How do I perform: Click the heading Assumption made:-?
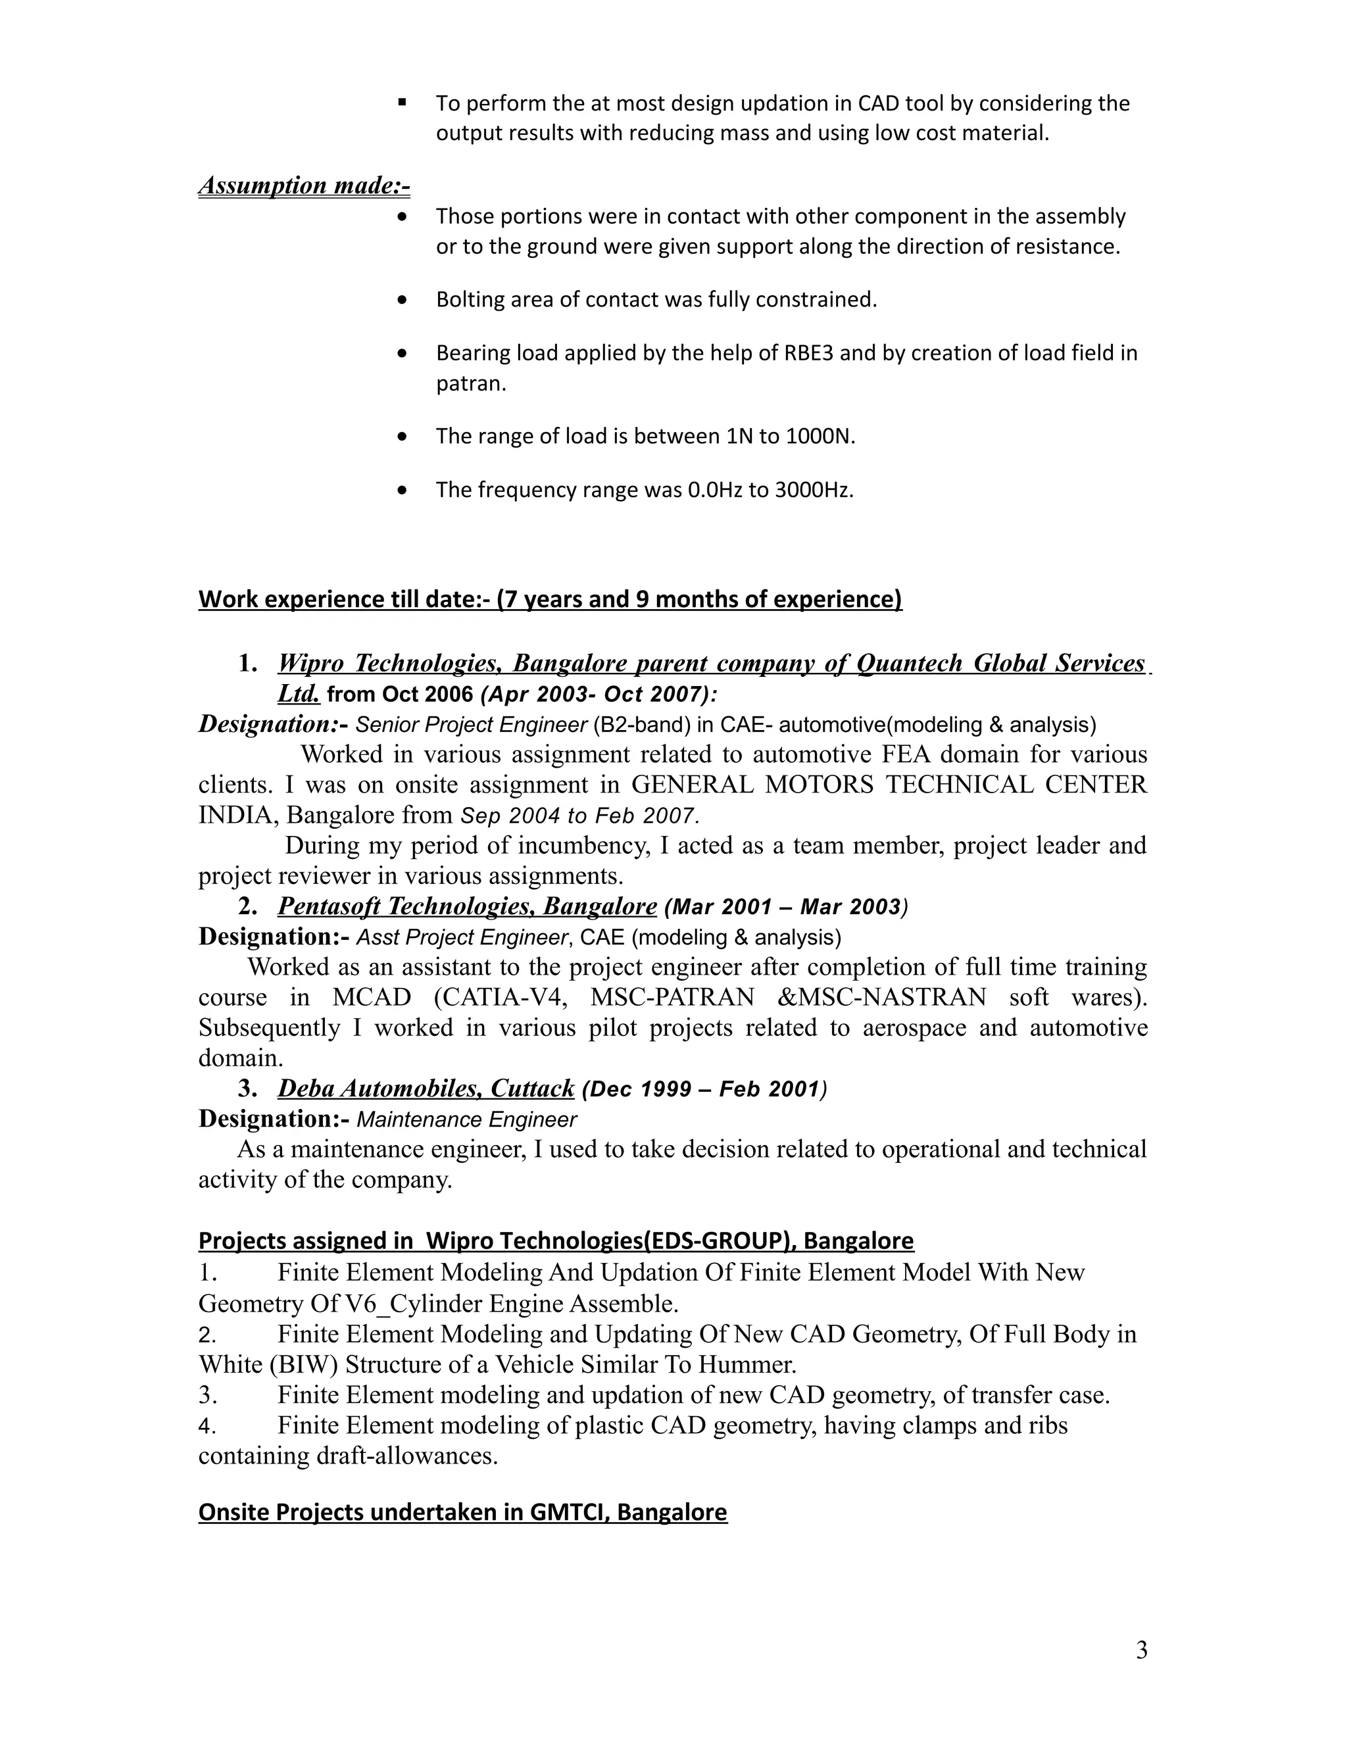[x=303, y=185]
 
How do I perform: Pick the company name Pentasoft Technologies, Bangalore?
[x=467, y=906]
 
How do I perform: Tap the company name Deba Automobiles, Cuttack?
[x=426, y=1089]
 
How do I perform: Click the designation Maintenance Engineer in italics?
[x=466, y=1119]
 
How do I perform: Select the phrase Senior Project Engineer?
[x=471, y=725]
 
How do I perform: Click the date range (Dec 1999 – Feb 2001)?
[x=704, y=1089]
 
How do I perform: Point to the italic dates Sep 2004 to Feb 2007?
[x=580, y=816]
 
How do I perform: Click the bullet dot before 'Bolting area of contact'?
[x=402, y=300]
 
